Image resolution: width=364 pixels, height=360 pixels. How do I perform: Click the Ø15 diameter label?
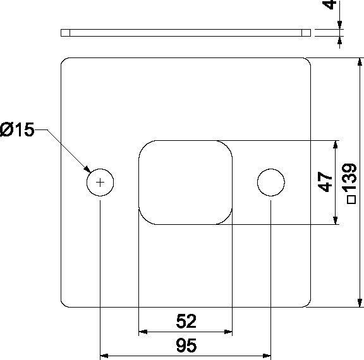pyautogui.click(x=16, y=131)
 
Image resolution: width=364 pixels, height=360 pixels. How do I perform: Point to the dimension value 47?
pyautogui.click(x=325, y=183)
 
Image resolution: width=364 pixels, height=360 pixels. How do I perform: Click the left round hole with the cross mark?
pyautogui.click(x=100, y=183)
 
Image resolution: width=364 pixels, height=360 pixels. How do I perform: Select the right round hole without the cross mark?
pyautogui.click(x=270, y=183)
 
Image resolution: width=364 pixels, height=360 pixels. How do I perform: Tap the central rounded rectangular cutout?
pyautogui.click(x=185, y=183)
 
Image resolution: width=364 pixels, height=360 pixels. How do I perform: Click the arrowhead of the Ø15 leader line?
pyautogui.click(x=88, y=169)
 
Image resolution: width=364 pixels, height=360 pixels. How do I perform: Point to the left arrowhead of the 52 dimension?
pyautogui.click(x=142, y=332)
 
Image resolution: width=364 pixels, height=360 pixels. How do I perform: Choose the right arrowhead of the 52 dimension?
pyautogui.click(x=228, y=332)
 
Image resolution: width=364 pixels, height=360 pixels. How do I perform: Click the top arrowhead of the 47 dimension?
pyautogui.click(x=335, y=145)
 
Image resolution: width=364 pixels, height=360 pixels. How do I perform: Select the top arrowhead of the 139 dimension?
pyautogui.click(x=360, y=62)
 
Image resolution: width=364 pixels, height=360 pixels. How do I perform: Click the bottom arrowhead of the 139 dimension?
pyautogui.click(x=360, y=303)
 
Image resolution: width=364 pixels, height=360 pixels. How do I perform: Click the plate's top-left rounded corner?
pyautogui.click(x=64, y=61)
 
